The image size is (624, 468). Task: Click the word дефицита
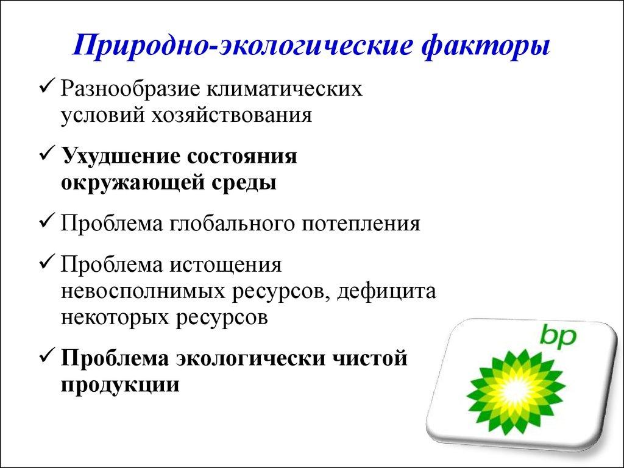388,292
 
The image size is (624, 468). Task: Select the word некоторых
115,319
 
